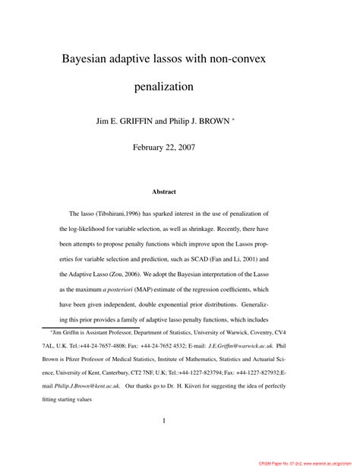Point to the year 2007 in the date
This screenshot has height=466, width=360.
click(x=184, y=147)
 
